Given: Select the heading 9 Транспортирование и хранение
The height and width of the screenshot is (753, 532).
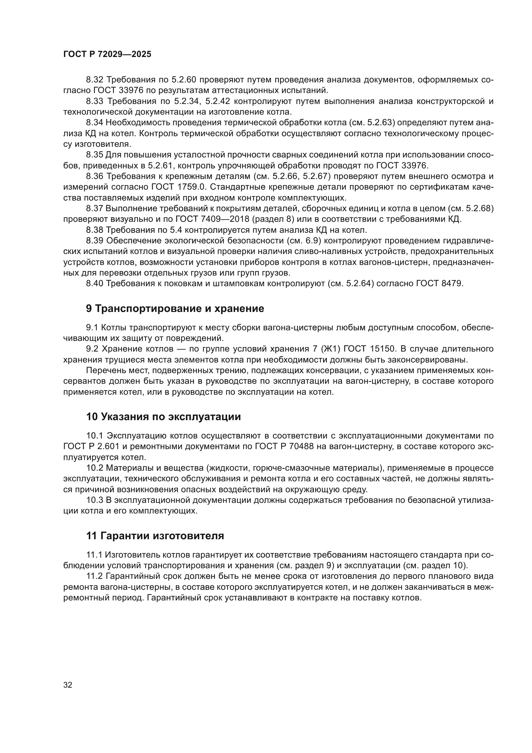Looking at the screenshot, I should pyautogui.click(x=175, y=309).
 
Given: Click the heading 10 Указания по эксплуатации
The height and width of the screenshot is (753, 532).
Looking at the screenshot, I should pyautogui.click(x=163, y=417).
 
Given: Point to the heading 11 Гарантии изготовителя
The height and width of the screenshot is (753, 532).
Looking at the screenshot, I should pyautogui.click(x=155, y=536).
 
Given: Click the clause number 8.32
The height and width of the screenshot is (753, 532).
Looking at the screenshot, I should pyautogui.click(x=94, y=80).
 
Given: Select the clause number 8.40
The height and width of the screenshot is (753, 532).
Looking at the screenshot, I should pyautogui.click(x=94, y=283).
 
